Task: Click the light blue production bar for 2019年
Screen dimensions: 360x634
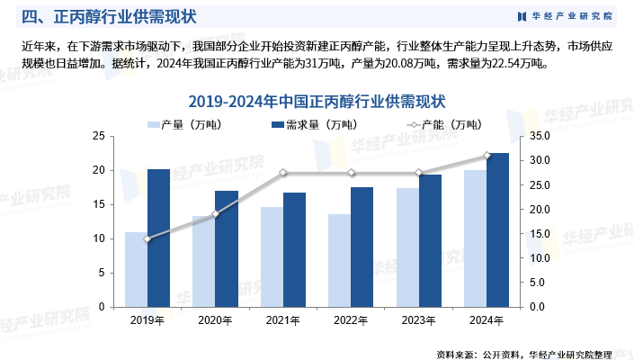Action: coord(136,269)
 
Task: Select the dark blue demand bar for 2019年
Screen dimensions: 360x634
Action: coord(158,238)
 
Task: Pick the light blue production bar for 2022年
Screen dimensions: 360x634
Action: coord(339,260)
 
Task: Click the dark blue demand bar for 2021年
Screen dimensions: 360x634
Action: coord(294,249)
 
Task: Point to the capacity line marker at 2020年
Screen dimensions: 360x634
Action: coord(215,214)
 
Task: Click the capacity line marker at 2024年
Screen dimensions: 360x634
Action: coord(487,156)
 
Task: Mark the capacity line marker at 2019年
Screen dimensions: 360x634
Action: coord(147,238)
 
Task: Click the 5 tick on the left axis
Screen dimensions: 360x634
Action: coord(101,273)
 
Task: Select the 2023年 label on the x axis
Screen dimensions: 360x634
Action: coord(418,319)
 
